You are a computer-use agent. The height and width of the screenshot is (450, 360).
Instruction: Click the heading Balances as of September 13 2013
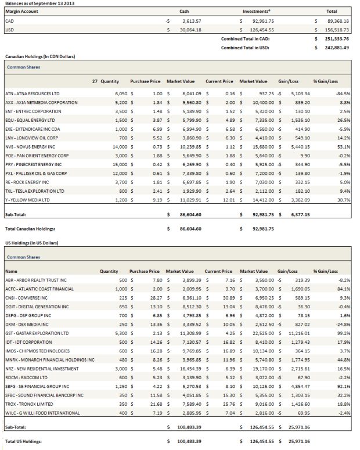pyautogui.click(x=39, y=3)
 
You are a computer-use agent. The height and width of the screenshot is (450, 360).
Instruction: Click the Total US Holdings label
pyautogui.click(x=24, y=441)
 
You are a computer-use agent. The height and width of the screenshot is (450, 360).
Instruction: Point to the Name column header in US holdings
pyautogui.click(x=11, y=271)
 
